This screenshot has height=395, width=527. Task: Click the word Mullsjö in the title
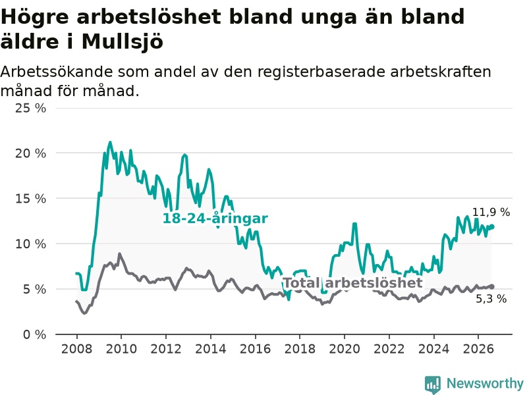(123, 42)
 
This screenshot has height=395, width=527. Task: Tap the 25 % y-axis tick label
(30, 108)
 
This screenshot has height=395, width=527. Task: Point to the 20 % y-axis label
(30, 153)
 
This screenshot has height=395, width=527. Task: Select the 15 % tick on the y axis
(30, 199)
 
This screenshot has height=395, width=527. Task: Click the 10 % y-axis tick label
(30, 244)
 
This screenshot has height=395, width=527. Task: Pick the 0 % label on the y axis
(35, 334)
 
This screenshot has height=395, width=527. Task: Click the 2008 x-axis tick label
(76, 349)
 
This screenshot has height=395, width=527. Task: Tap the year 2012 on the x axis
(166, 349)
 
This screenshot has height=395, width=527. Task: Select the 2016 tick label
(255, 349)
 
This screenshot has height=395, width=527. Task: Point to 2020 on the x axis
(345, 349)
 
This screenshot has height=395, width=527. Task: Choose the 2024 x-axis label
(433, 349)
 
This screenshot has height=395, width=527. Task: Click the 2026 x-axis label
(478, 349)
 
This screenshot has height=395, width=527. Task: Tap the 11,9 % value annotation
(491, 212)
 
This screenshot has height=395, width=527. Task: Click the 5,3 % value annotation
(491, 299)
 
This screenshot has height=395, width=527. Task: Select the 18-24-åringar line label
(215, 219)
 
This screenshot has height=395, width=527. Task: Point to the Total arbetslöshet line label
(353, 283)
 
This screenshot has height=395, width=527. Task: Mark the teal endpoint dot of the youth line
(492, 226)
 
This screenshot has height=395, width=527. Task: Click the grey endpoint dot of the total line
(492, 286)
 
